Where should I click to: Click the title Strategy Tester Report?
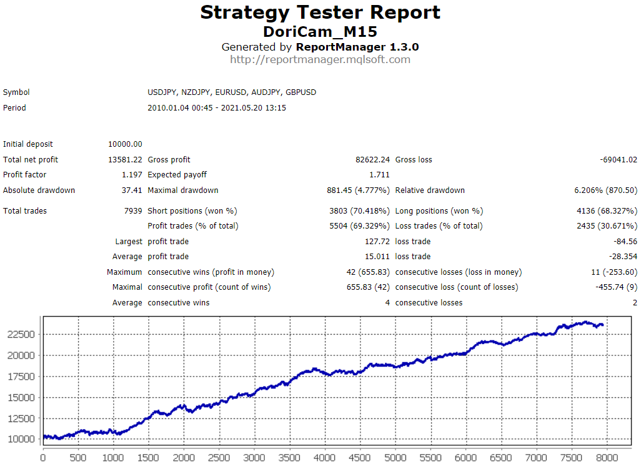click(320, 12)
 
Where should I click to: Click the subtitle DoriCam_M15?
click(320, 31)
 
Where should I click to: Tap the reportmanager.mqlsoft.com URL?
click(320, 60)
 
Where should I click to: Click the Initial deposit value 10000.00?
click(125, 144)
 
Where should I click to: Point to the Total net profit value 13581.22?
click(125, 160)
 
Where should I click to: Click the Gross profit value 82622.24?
click(372, 160)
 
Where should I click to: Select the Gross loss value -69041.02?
click(619, 160)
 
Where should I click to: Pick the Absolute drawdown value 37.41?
click(132, 190)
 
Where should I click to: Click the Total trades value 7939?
click(133, 211)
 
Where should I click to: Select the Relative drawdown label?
click(430, 190)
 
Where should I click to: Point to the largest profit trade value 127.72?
click(376, 242)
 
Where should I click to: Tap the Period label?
click(14, 108)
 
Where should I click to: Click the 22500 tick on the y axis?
click(22, 335)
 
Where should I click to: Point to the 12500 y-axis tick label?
click(22, 418)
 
